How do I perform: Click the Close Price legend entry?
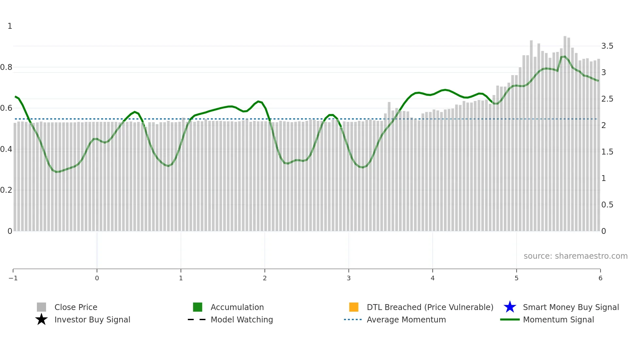[x=75, y=307]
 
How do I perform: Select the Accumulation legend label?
[x=237, y=307]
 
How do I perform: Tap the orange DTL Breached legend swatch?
[x=354, y=307]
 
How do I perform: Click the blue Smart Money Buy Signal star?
[x=510, y=307]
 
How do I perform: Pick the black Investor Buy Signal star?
[x=41, y=319]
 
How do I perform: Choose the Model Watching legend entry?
[x=242, y=319]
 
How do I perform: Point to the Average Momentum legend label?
[x=406, y=319]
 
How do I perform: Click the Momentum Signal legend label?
[x=558, y=319]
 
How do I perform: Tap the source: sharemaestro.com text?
[x=575, y=256]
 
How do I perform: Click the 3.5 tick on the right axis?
[x=607, y=46]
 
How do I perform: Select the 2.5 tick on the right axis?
[x=607, y=99]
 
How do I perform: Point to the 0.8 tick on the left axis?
[x=6, y=67]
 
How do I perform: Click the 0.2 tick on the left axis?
[x=6, y=190]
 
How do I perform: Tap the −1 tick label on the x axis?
[x=13, y=278]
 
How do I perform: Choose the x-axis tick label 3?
[x=349, y=278]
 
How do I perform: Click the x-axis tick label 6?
[x=600, y=278]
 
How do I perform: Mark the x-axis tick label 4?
[x=433, y=278]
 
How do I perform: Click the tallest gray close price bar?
[x=565, y=131]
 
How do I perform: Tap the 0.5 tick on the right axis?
[x=607, y=205]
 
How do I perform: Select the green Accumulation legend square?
[x=198, y=307]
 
